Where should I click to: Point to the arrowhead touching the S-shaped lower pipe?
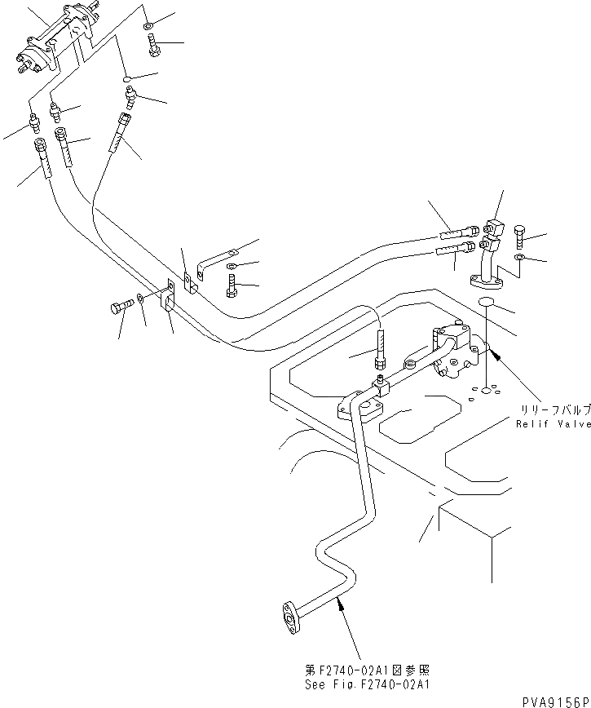tap(342, 601)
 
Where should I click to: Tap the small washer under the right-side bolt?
tap(519, 258)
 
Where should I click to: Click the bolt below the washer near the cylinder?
tap(154, 46)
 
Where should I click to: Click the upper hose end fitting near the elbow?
tap(457, 232)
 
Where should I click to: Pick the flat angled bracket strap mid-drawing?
tap(215, 260)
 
